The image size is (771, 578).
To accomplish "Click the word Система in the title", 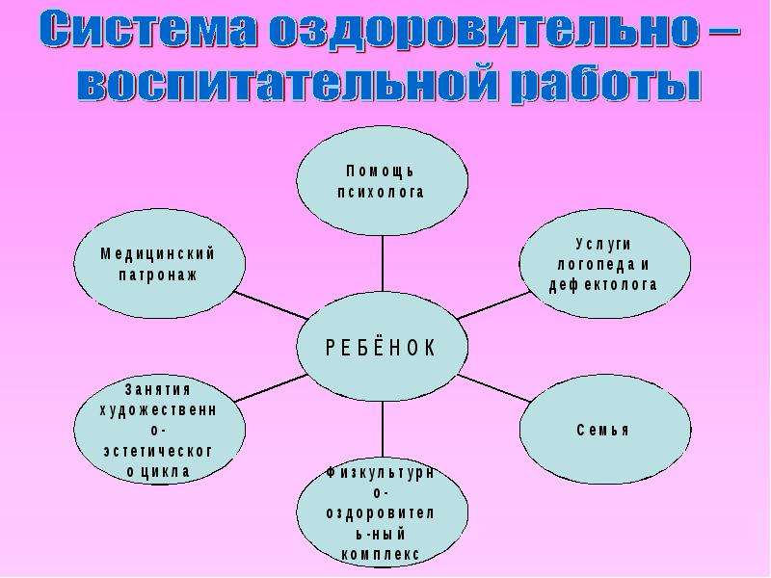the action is (x=148, y=31).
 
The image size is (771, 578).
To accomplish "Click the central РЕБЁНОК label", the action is (x=381, y=348).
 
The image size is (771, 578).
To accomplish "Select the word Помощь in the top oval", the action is (x=381, y=171).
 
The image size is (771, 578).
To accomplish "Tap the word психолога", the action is (x=381, y=192).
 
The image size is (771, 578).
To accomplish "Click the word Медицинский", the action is (x=158, y=254).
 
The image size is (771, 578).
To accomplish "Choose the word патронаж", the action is (x=158, y=275).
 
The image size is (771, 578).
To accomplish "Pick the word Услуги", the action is (x=603, y=245).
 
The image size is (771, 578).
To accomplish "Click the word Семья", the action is (x=603, y=430).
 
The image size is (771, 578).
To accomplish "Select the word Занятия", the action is (x=158, y=389).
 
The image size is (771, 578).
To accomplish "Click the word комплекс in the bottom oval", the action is (x=381, y=555).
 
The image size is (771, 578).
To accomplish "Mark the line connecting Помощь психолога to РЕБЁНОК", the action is (x=383, y=264).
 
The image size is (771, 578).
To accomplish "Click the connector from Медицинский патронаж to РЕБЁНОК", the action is (x=272, y=305).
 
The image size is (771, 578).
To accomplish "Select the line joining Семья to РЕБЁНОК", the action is (x=494, y=388).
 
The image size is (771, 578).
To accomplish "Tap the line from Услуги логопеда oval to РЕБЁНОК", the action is (x=494, y=305).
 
